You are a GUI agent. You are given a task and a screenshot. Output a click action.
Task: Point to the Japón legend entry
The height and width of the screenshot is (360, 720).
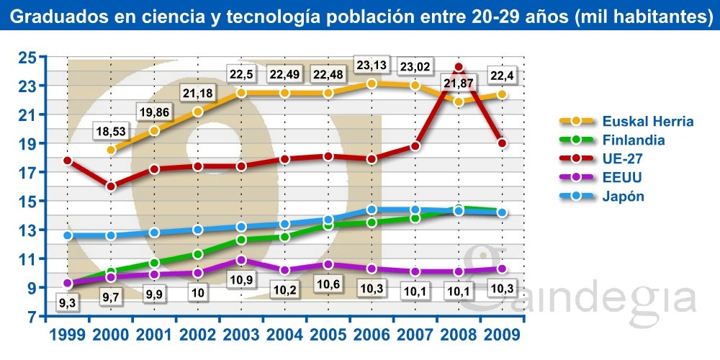(x=624, y=197)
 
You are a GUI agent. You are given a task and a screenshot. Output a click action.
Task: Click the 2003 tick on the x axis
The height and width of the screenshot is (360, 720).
(x=241, y=335)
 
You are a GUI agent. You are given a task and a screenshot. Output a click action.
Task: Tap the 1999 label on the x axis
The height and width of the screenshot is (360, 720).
(x=68, y=335)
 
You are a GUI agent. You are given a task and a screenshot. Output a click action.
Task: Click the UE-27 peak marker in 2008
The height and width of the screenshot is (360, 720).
(x=459, y=68)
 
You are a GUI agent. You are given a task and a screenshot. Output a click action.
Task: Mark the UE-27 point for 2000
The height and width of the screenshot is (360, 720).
(x=111, y=186)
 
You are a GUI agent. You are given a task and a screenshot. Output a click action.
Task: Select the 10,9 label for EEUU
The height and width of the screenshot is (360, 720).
(x=241, y=278)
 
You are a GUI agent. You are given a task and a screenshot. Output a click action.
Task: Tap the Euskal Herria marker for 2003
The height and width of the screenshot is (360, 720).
(x=241, y=93)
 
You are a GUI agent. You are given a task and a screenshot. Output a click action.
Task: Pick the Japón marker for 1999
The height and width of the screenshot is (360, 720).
(x=68, y=235)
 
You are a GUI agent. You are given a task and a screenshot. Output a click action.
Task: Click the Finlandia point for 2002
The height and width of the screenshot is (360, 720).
(x=198, y=253)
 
